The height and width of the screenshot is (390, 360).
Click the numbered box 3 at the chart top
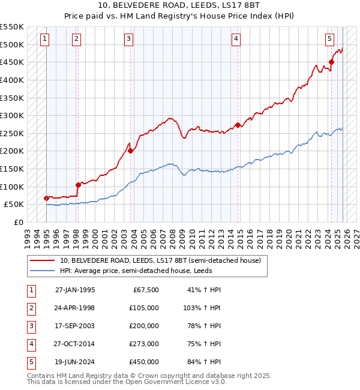(129, 39)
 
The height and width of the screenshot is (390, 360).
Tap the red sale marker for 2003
(131, 151)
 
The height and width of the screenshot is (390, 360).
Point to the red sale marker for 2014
(238, 125)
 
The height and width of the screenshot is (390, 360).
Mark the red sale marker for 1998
(78, 185)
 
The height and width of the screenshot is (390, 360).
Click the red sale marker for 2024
(332, 62)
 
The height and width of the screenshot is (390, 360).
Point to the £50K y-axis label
(14, 205)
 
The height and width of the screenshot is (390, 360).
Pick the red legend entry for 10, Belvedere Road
(160, 261)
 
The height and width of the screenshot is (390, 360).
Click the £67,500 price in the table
(145, 290)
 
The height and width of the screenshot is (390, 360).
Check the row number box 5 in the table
(31, 362)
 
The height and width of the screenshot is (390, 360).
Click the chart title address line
(179, 7)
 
